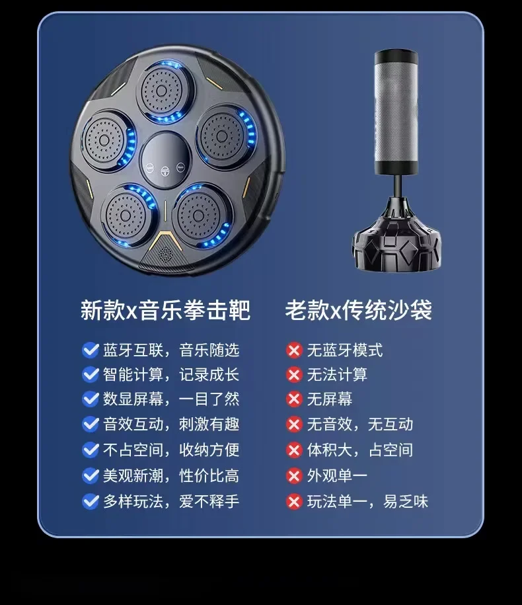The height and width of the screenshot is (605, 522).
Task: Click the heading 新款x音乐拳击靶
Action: coord(165,309)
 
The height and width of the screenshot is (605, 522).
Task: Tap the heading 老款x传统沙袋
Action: coord(359,309)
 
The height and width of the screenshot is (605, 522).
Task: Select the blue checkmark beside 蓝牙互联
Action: coord(91,350)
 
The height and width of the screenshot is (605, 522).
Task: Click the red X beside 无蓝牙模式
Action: coord(294,350)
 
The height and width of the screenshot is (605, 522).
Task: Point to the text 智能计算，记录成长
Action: coord(171,375)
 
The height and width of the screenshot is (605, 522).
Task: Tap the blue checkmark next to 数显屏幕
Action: coord(91,399)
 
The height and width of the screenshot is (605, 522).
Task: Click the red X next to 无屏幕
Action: coord(294,399)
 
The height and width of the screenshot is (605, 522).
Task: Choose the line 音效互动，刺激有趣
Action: coord(171,424)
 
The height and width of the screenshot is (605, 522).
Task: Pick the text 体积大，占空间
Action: coord(360,450)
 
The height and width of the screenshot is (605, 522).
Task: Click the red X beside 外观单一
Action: coord(294,476)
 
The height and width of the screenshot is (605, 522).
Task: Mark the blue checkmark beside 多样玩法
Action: coord(91,502)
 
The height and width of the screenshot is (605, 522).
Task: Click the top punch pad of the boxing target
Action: coord(163,91)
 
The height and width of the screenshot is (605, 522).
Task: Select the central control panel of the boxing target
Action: coord(165,160)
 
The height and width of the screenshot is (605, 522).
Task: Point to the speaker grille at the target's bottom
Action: coord(165,253)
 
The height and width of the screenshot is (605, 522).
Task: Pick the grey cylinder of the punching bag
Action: coord(396,111)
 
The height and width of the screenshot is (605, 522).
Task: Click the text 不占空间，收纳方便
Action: coord(171,450)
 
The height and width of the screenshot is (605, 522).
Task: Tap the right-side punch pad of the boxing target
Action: coord(225,136)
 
